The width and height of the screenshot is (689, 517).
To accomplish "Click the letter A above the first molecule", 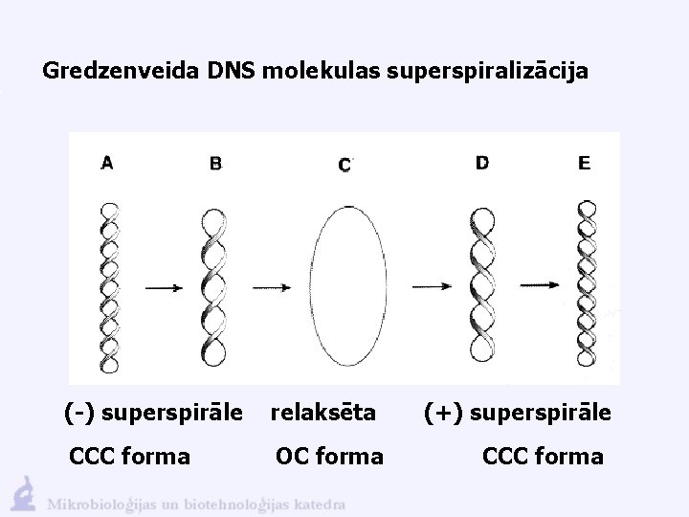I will click(107, 163).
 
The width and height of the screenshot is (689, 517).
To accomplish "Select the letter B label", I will click(215, 164).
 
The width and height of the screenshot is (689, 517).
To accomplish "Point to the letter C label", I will click(344, 166).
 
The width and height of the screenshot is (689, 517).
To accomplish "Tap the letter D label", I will click(482, 164).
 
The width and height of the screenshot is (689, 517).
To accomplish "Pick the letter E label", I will click(585, 164).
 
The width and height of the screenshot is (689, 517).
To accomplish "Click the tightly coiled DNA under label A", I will click(110, 287).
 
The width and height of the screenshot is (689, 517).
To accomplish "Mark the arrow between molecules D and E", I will click(541, 285).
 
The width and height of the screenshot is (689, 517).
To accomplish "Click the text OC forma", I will click(329, 456).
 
